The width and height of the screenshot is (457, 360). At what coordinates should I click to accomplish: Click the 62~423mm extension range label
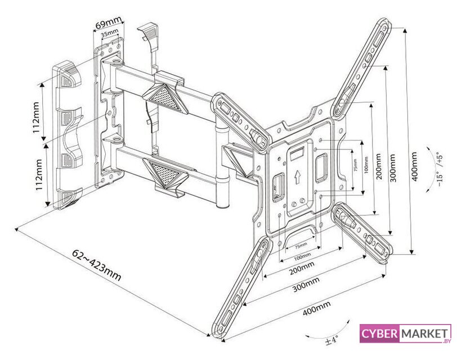[97, 264]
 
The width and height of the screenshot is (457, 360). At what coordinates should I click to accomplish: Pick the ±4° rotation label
[331, 340]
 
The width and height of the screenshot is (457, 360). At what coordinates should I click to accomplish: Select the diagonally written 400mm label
[317, 308]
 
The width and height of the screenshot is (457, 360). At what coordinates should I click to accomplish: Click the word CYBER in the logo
[379, 334]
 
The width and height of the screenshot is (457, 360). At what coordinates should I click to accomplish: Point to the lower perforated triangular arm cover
[164, 173]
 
